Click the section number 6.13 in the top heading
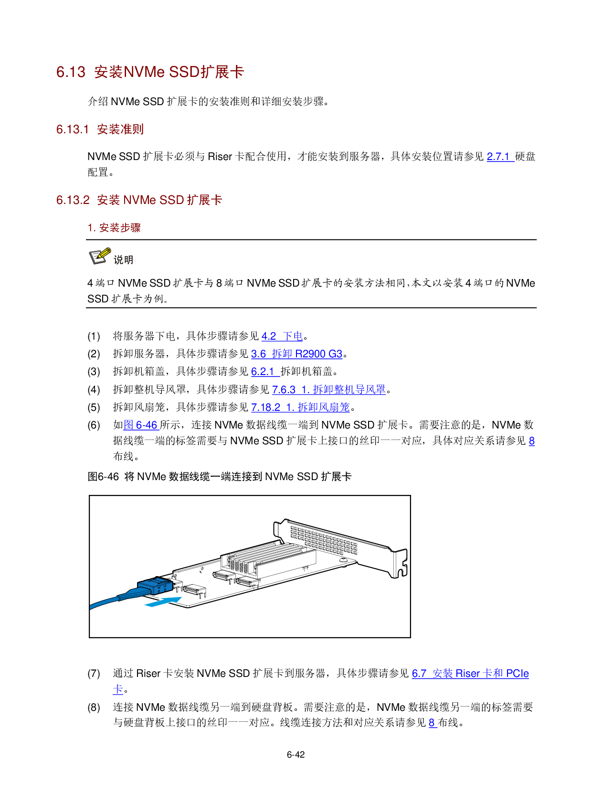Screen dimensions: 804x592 [x=71, y=72]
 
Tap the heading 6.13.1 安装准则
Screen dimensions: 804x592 [x=100, y=129]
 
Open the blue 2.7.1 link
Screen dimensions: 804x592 [x=499, y=157]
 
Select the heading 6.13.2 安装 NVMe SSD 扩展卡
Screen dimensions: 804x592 [x=139, y=200]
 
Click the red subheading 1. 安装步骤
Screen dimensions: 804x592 [x=114, y=228]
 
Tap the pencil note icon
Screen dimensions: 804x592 [x=100, y=256]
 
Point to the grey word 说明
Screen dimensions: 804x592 [x=123, y=260]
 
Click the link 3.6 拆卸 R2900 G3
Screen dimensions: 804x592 [x=296, y=354]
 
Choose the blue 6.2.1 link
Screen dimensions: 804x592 [x=264, y=372]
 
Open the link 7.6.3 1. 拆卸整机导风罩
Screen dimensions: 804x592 [x=329, y=390]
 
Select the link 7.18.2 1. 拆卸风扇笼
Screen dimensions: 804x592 [x=300, y=407]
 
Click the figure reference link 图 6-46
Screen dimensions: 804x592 [x=141, y=425]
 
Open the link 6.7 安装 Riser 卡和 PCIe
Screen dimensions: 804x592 [x=470, y=674]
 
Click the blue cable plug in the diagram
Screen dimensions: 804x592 [x=154, y=586]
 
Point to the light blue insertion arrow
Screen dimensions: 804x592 [x=163, y=602]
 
